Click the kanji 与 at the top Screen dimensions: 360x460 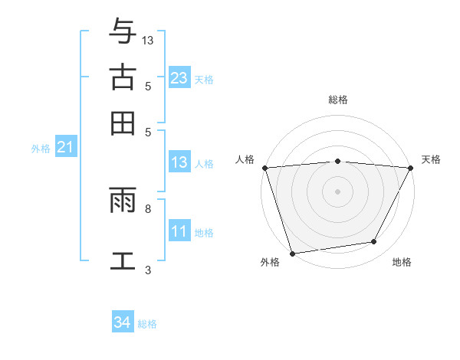click(x=123, y=32)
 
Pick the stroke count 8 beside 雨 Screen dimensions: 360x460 click(x=148, y=208)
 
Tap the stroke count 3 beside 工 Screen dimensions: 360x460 click(x=148, y=270)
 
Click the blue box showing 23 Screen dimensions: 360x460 click(x=179, y=78)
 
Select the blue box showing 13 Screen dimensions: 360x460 click(x=179, y=162)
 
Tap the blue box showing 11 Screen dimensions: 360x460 click(x=179, y=231)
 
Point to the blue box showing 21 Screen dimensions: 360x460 click(x=64, y=148)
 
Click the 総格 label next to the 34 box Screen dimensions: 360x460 click(x=147, y=324)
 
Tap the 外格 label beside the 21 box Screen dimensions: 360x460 click(x=41, y=149)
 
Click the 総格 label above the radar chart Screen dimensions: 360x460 click(x=338, y=100)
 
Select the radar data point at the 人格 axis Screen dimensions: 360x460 click(x=264, y=168)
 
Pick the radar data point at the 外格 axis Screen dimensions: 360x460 click(x=292, y=254)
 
